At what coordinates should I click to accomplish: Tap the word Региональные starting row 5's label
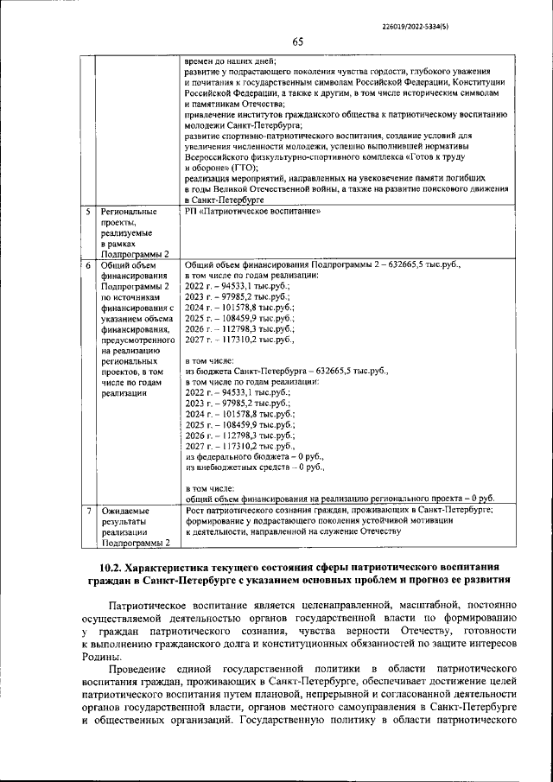click(x=129, y=212)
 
